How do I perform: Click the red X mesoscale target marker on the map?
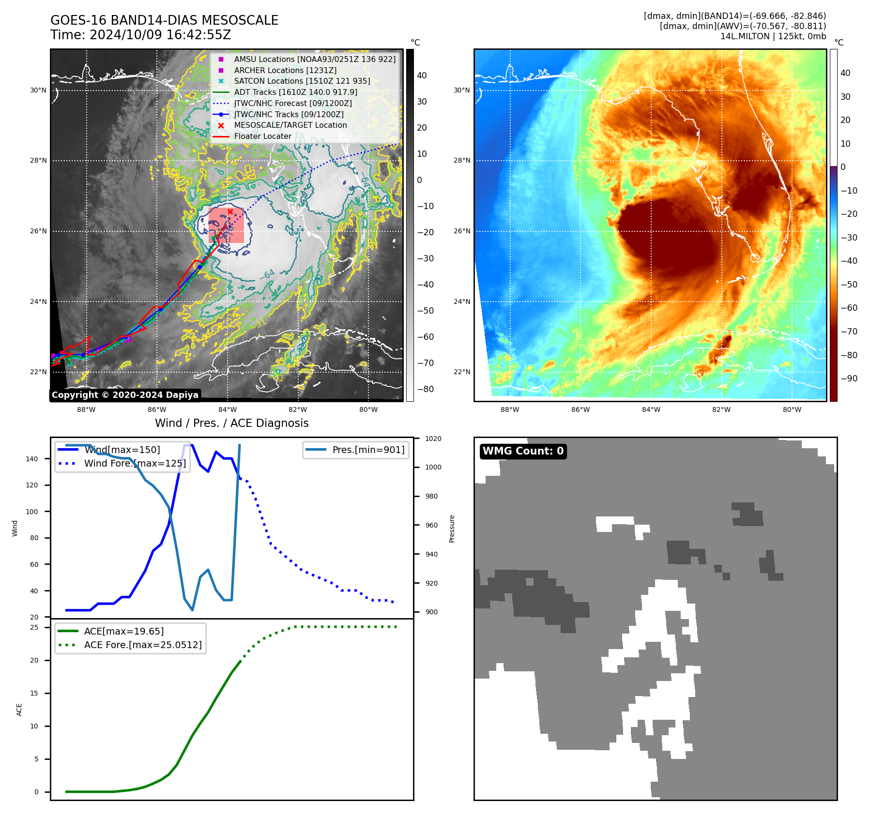pos(230,212)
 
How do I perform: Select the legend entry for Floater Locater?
pos(262,136)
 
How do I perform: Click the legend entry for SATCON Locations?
pos(302,81)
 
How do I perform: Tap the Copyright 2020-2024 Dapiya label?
pos(125,395)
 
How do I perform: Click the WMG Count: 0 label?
pos(523,451)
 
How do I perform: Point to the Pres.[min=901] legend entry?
pos(368,450)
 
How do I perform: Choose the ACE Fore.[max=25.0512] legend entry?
pos(143,645)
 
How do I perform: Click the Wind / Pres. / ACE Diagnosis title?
pos(231,423)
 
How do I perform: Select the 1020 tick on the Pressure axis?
pos(433,439)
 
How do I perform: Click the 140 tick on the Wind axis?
pos(32,459)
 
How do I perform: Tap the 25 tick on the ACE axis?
pos(34,628)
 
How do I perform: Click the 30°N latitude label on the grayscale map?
pos(38,91)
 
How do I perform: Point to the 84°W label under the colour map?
pos(651,410)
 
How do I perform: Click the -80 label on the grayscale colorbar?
pos(426,389)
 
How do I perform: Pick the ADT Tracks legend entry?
pos(295,92)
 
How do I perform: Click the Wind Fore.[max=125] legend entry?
pos(135,464)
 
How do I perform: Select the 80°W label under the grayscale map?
pos(368,410)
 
